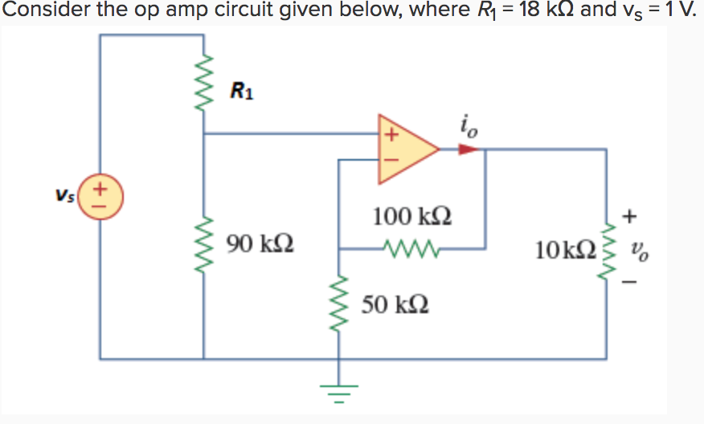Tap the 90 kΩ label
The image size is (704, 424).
point(260,242)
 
